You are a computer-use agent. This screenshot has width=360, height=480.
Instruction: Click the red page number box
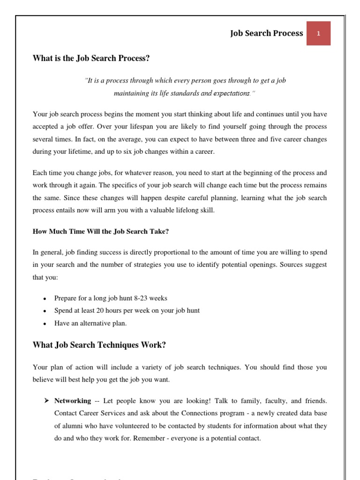(318, 33)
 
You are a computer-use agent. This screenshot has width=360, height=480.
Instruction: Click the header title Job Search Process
(266, 33)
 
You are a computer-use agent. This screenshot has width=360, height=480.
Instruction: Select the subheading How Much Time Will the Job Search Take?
(100, 231)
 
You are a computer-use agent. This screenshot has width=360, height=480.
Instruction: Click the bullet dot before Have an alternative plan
(44, 323)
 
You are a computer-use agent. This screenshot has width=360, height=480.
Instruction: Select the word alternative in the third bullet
(92, 323)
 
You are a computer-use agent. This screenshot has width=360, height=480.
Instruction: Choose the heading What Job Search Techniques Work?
(99, 345)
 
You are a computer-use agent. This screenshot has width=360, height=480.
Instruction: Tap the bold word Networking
(73, 401)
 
